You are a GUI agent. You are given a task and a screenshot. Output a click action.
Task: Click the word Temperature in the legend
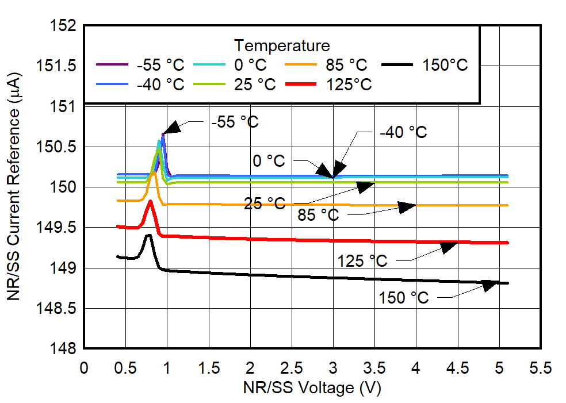pyautogui.click(x=282, y=45)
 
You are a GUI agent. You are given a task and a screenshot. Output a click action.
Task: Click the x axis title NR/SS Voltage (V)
pyautogui.click(x=311, y=388)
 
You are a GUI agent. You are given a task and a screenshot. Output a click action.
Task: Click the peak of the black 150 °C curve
pyautogui.click(x=149, y=235)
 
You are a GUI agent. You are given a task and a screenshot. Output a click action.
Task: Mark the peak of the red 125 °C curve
pyautogui.click(x=150, y=201)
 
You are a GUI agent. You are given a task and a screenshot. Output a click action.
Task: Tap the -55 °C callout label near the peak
pyautogui.click(x=235, y=122)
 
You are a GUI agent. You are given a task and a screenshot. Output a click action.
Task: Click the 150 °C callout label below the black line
pyautogui.click(x=403, y=298)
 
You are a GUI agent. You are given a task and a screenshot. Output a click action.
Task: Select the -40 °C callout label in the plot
pyautogui.click(x=403, y=132)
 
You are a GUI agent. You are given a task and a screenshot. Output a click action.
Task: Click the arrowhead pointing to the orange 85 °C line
pyautogui.click(x=407, y=207)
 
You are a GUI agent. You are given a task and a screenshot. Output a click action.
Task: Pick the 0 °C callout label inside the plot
pyautogui.click(x=269, y=161)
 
